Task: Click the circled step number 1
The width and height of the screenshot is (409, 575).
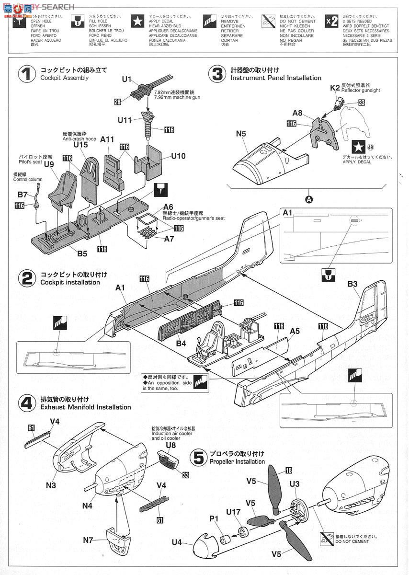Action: point(27,74)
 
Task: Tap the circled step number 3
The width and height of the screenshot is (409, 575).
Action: point(217,74)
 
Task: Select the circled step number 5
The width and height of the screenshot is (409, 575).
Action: point(198,458)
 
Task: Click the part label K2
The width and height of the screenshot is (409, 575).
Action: point(335,88)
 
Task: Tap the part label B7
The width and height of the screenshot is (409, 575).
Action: point(23,195)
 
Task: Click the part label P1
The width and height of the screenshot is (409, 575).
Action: point(214,519)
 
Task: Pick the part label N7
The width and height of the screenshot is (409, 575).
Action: point(88,540)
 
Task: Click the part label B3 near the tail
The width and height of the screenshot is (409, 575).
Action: point(352,284)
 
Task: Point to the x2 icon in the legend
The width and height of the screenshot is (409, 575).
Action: point(331,21)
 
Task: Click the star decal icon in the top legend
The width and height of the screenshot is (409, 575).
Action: point(137,21)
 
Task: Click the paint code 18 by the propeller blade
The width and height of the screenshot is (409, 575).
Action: point(289,471)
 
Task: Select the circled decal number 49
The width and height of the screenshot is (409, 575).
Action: point(371,148)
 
